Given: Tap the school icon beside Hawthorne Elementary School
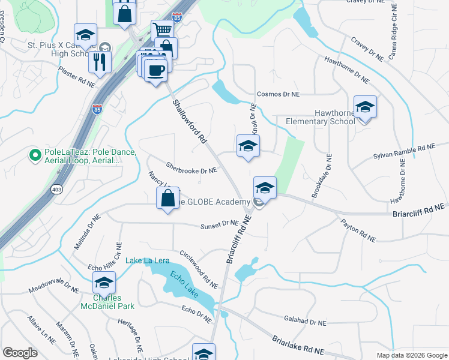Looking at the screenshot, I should tap(365, 108).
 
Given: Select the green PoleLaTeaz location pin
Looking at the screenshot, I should tap(35, 156).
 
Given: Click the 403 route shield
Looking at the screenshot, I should tap(56, 189).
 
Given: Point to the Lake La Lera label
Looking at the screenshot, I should tap(147, 260).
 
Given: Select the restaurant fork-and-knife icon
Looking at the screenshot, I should tap(100, 61).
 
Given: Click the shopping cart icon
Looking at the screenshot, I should tap(162, 30).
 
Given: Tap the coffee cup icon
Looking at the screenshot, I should tap(155, 70).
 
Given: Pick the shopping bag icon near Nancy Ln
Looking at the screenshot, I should tap(168, 197).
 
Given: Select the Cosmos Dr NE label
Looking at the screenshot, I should tap(277, 94).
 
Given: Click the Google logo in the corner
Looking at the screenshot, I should tap(20, 353).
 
